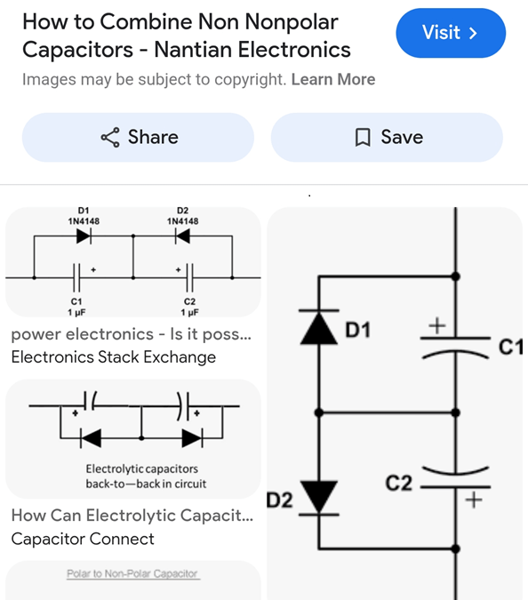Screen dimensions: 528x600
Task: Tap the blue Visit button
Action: pyautogui.click(x=451, y=33)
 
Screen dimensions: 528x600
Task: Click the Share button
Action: pyautogui.click(x=138, y=138)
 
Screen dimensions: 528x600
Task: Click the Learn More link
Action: pyautogui.click(x=333, y=79)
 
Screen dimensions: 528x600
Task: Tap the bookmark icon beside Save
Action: pyautogui.click(x=363, y=138)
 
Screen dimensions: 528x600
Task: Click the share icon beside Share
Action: pyautogui.click(x=110, y=138)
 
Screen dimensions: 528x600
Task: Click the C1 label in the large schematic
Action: pyautogui.click(x=511, y=347)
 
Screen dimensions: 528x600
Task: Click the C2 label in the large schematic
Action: pyautogui.click(x=399, y=483)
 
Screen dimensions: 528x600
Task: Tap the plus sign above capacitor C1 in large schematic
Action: pyautogui.click(x=437, y=326)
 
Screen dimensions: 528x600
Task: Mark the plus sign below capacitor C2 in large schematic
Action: pyautogui.click(x=474, y=500)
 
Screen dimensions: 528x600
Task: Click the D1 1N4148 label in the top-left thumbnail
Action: pyautogui.click(x=84, y=216)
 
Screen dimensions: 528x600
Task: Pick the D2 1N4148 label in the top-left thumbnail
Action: pyautogui.click(x=182, y=216)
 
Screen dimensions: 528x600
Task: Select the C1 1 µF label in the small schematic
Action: pyautogui.click(x=76, y=307)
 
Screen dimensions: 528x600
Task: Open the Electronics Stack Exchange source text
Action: pyautogui.click(x=114, y=357)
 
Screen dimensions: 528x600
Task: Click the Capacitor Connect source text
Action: pyautogui.click(x=83, y=539)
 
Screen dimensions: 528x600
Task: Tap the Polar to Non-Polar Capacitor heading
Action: pyautogui.click(x=132, y=573)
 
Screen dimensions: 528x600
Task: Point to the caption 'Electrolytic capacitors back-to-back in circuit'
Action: pyautogui.click(x=146, y=476)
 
